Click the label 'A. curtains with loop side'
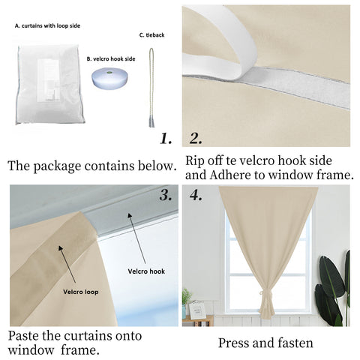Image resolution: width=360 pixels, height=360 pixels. (x=47, y=25)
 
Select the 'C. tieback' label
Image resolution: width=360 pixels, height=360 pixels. (x=152, y=34)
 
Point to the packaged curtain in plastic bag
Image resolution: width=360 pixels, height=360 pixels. (x=49, y=84)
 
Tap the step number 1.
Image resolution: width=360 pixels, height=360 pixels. (x=166, y=138)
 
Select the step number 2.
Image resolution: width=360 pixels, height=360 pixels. (x=196, y=138)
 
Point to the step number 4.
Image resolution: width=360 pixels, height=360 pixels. (x=196, y=196)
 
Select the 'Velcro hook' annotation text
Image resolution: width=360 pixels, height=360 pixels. (x=146, y=271)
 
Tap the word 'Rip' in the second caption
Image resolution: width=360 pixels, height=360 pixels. (x=196, y=160)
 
